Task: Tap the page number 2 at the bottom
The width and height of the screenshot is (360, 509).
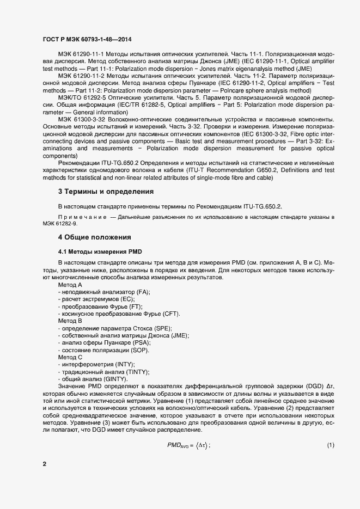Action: pos(45,464)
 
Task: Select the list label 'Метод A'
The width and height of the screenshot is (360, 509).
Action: pos(70,285)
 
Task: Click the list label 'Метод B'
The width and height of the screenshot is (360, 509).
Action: pos(70,321)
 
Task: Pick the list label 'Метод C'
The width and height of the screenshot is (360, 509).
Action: pos(70,357)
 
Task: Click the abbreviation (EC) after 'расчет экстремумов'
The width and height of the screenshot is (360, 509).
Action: pos(127,299)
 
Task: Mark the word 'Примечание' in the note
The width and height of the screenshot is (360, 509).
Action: pos(82,217)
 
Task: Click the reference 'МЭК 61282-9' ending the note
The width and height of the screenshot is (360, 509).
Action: pos(60,224)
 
